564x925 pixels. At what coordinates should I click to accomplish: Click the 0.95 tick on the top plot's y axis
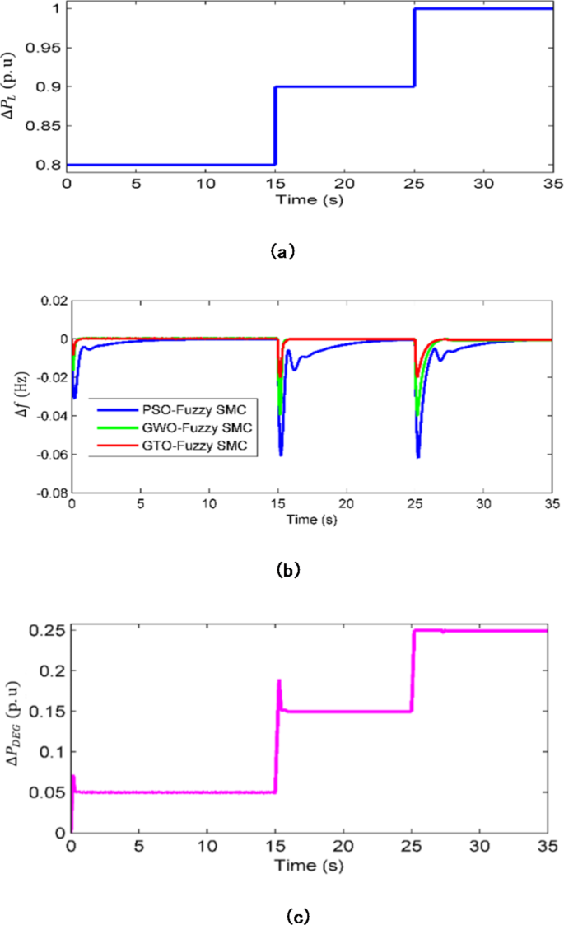[49, 48]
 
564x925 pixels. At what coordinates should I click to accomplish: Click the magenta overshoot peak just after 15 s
[279, 681]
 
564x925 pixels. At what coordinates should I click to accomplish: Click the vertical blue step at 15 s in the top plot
[275, 125]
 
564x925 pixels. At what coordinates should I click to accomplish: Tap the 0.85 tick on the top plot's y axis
[49, 126]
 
